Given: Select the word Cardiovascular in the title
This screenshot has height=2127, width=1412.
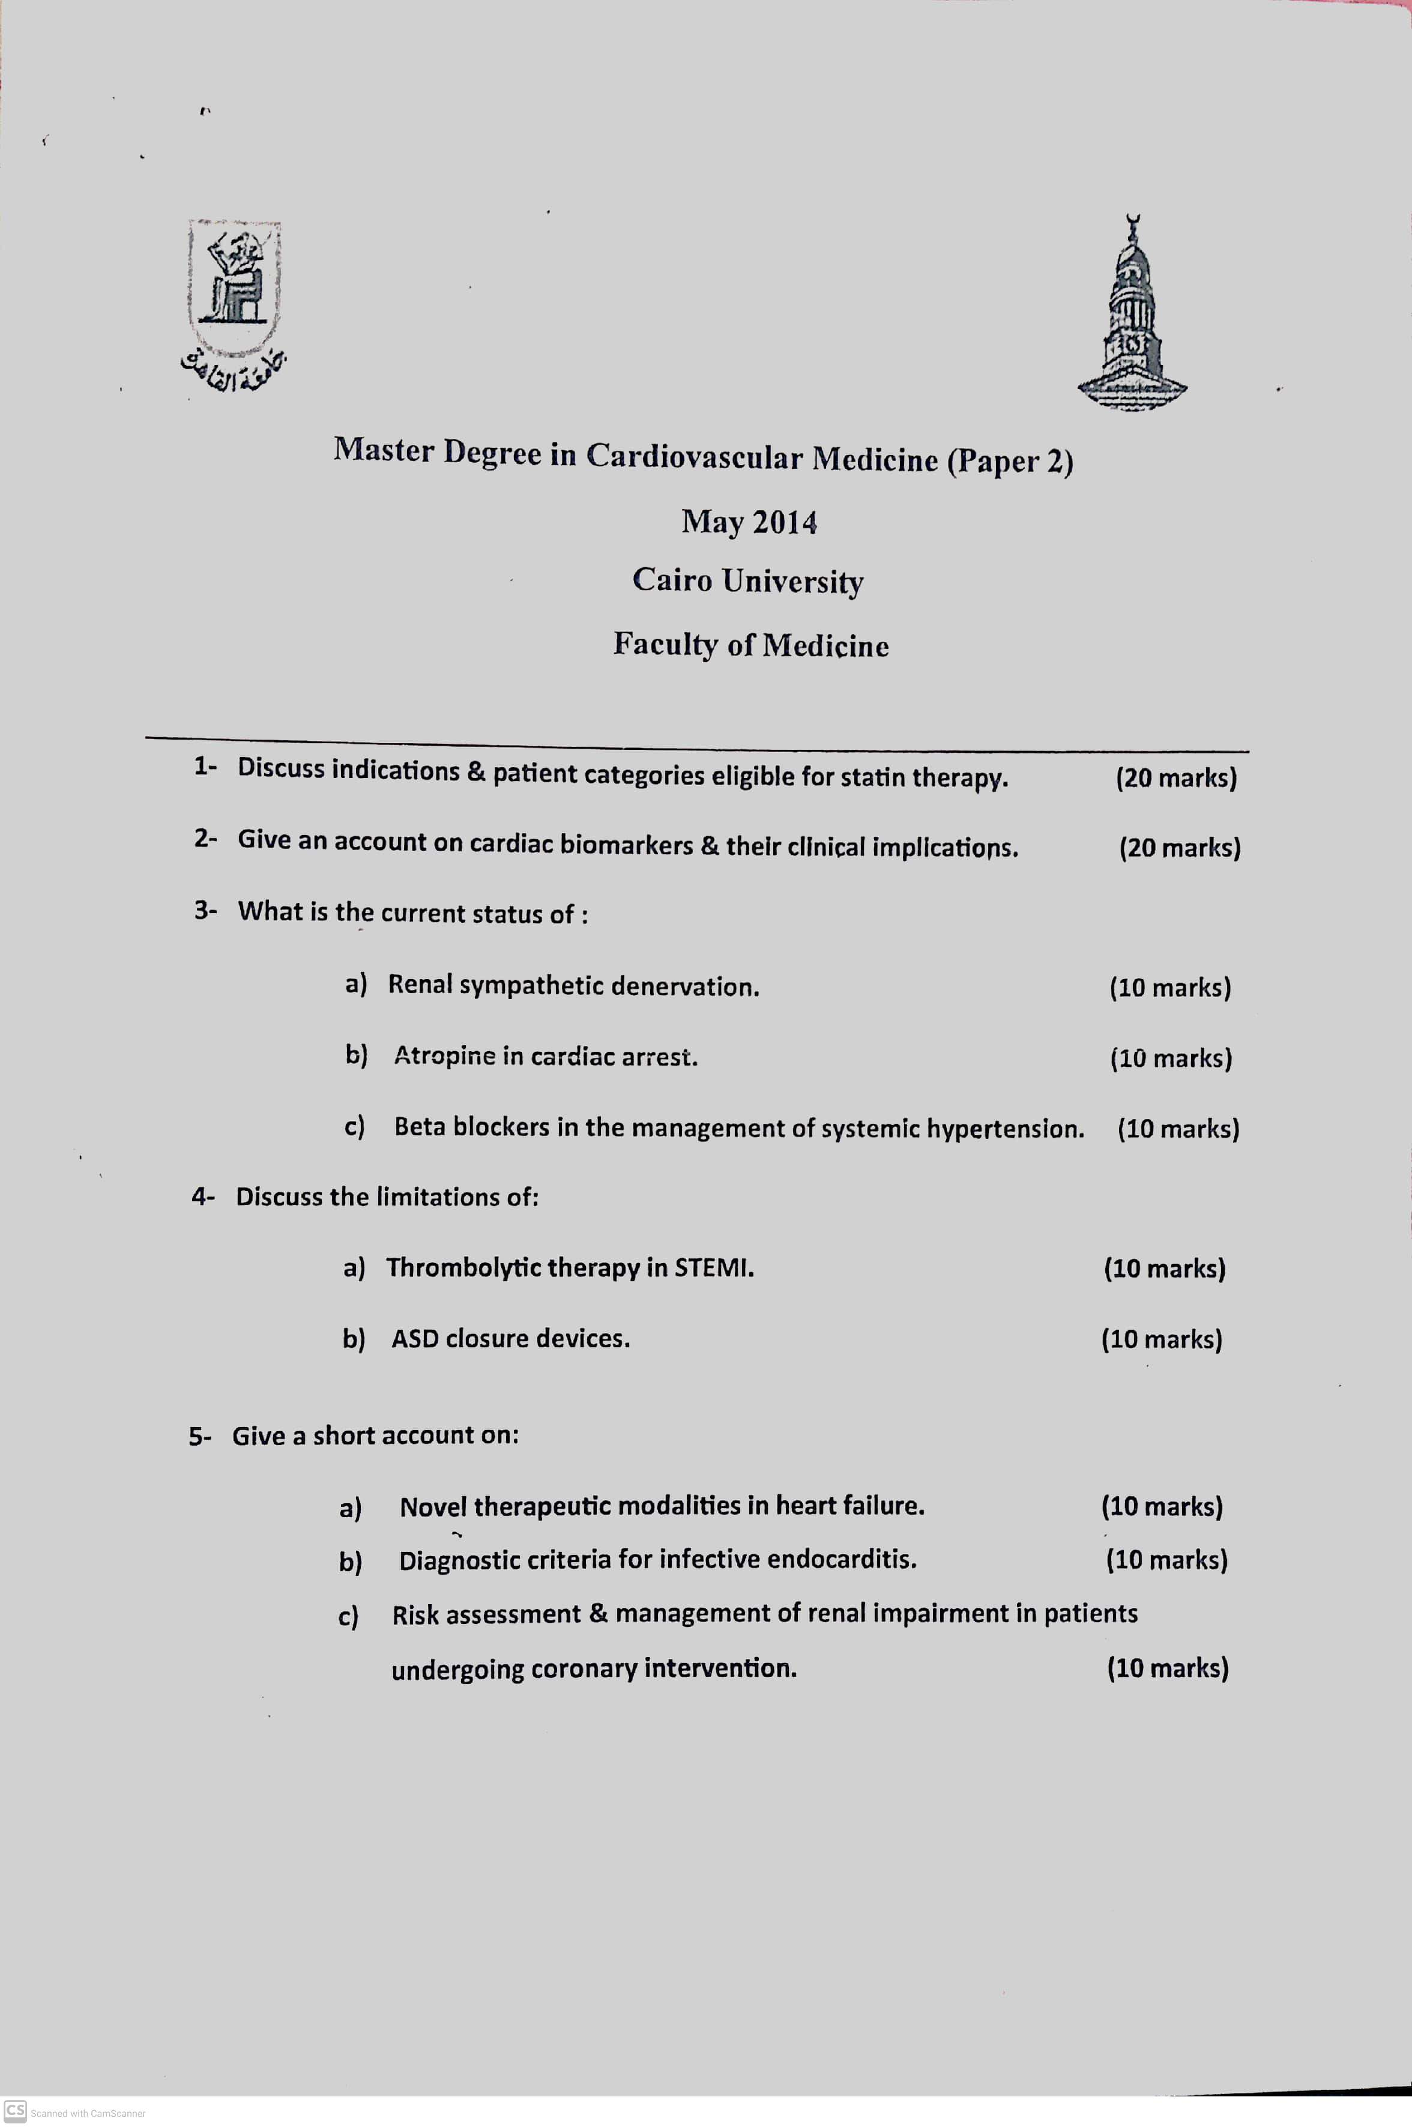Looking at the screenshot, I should (693, 456).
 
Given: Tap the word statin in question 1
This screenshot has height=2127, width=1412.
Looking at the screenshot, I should (872, 776).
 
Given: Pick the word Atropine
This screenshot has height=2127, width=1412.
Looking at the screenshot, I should (444, 1055).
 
